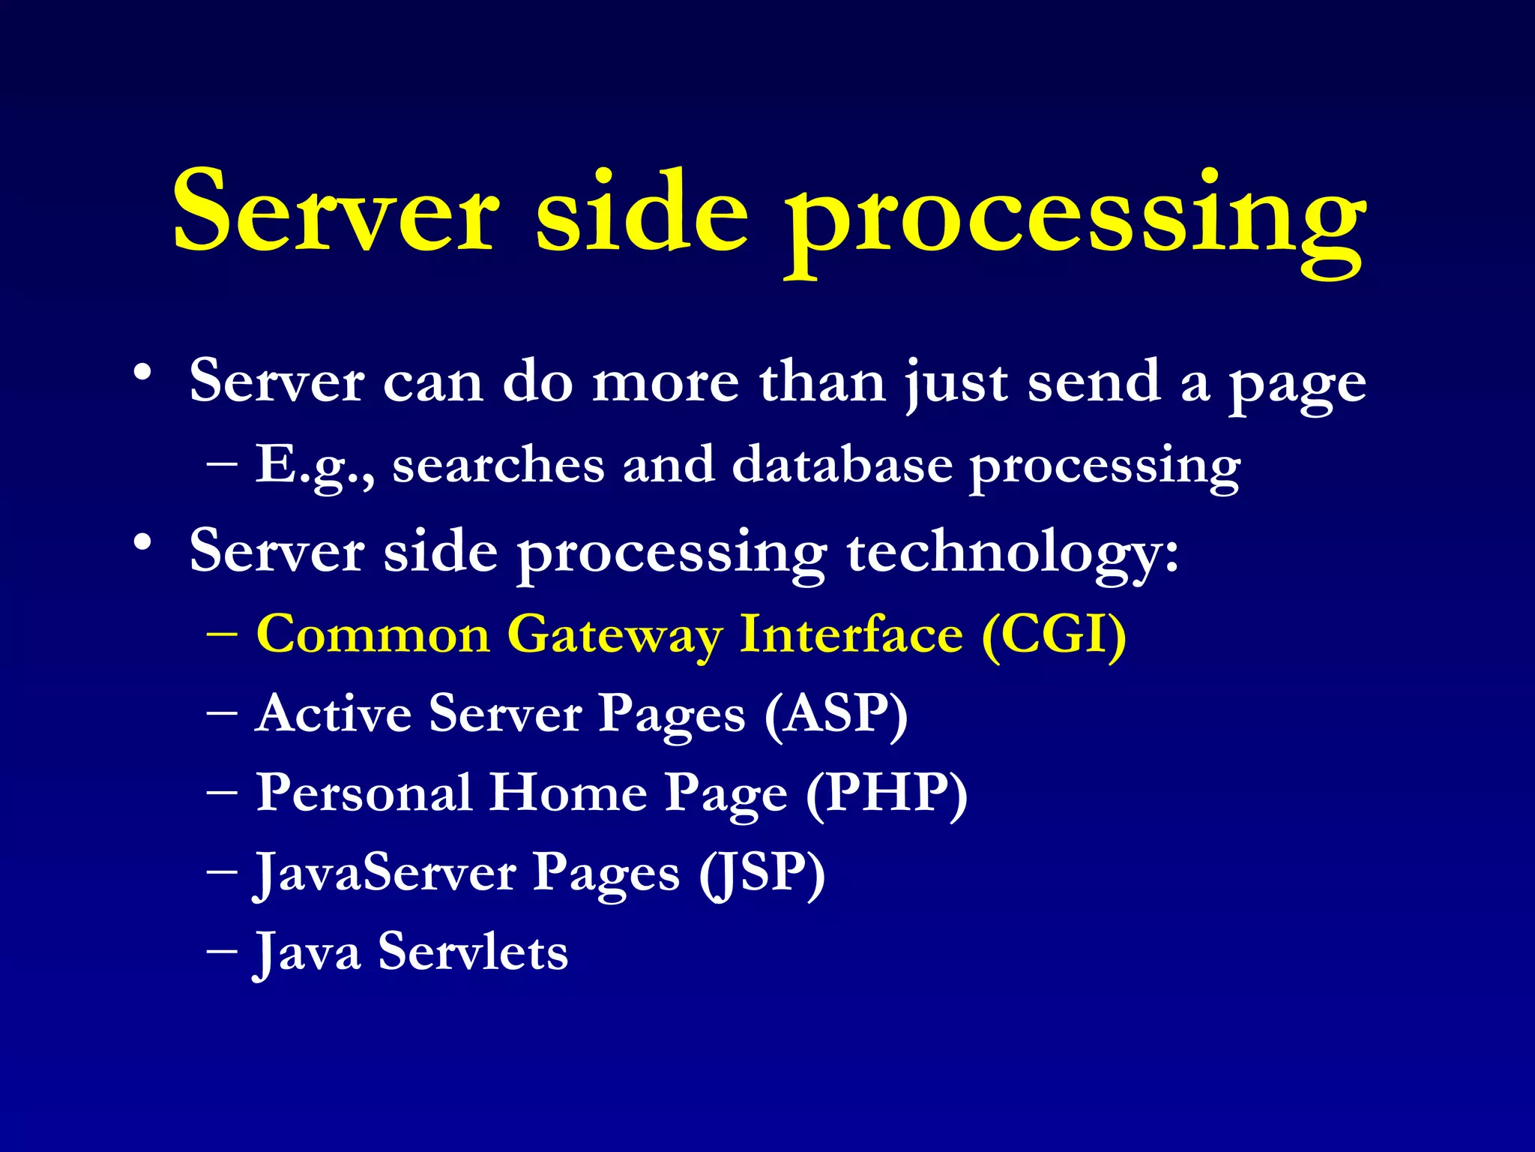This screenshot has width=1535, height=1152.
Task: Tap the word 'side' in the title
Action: tap(642, 213)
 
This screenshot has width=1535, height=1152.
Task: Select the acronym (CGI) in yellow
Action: tap(1054, 634)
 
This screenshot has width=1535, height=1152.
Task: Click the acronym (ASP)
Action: tap(836, 714)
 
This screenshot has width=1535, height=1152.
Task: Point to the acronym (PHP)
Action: tap(887, 793)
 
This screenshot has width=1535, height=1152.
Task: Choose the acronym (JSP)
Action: tap(762, 873)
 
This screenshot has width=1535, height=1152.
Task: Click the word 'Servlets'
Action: tap(473, 952)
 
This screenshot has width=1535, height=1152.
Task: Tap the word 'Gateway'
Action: tap(615, 636)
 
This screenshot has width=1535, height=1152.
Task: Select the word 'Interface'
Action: tap(851, 634)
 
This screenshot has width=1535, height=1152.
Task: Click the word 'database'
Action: tap(842, 465)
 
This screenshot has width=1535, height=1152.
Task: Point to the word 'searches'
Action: tap(498, 465)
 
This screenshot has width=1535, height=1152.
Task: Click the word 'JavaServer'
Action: tap(385, 874)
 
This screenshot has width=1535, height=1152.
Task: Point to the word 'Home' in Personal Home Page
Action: tap(568, 793)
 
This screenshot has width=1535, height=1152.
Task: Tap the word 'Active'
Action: tap(334, 714)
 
